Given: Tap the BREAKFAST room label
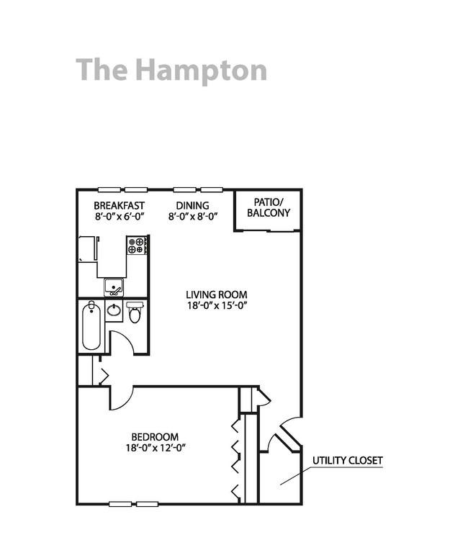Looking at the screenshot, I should click(120, 206).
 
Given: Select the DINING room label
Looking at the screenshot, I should click(192, 206).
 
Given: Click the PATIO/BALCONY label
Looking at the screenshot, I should click(268, 207).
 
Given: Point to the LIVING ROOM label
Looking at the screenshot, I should click(217, 294).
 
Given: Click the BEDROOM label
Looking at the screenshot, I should click(155, 437).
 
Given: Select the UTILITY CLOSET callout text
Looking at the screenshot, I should click(347, 461).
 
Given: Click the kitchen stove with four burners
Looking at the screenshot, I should click(137, 246).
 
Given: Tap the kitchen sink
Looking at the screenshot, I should click(113, 287).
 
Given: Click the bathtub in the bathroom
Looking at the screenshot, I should click(91, 327).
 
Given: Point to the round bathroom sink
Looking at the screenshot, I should click(114, 312).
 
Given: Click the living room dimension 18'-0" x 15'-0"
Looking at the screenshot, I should click(217, 305).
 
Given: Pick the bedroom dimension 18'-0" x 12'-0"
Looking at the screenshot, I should click(156, 448).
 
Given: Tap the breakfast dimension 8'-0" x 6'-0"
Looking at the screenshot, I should click(120, 215).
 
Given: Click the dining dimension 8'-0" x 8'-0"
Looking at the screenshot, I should click(192, 215).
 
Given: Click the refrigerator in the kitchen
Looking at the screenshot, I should click(88, 249).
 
